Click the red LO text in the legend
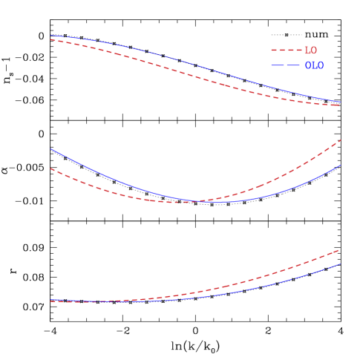310,50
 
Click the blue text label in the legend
314,65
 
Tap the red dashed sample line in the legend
285,50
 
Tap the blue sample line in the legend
285,65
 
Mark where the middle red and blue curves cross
194,201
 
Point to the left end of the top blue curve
50,36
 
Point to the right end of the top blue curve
340,101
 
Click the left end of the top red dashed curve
50,40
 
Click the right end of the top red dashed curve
340,105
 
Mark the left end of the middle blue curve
50,149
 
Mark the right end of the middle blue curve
340,166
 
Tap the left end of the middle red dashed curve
50,168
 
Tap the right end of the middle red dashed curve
340,140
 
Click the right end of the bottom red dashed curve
339,249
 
